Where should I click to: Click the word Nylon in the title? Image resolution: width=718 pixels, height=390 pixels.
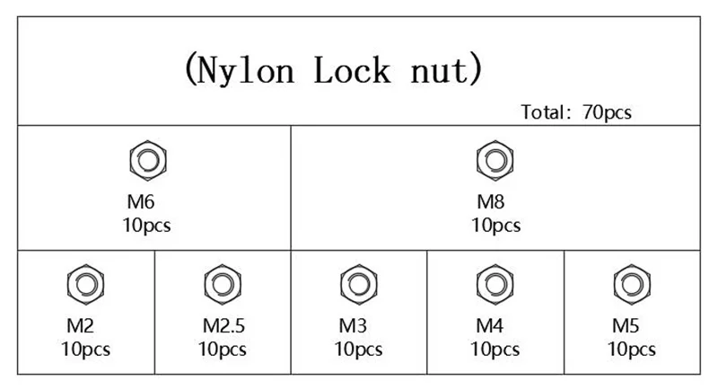point(245,70)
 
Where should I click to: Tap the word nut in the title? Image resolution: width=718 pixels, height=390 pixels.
point(440,71)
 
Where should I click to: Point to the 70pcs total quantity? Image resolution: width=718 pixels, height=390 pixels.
point(608,112)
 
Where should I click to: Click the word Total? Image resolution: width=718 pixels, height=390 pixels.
point(543,112)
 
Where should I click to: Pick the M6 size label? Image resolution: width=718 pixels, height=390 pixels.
point(141,201)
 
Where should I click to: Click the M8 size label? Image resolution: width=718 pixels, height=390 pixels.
point(490,201)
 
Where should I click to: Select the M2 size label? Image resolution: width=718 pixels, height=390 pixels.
point(80,326)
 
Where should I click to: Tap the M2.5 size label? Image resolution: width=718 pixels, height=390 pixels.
point(223,326)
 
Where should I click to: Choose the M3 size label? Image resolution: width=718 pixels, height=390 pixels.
point(353,326)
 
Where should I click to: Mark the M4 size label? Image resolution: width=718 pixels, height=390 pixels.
point(489,326)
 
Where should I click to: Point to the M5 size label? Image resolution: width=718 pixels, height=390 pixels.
point(626,326)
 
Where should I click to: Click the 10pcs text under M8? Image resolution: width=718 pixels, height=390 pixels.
point(496,226)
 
